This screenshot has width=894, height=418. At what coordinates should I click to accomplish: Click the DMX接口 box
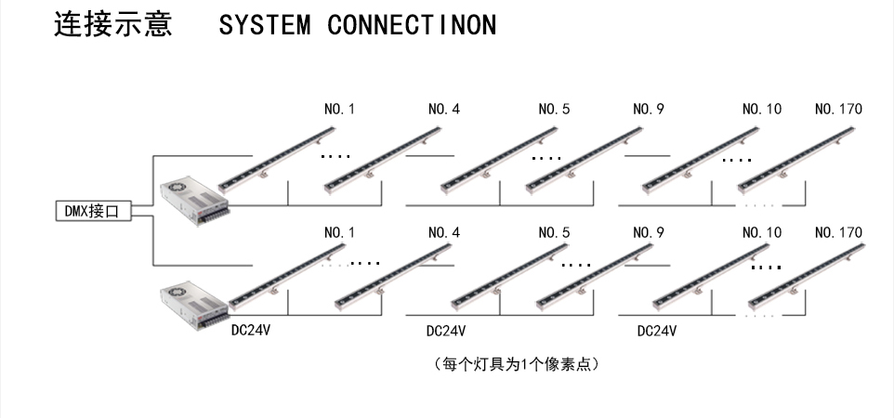coord(92,211)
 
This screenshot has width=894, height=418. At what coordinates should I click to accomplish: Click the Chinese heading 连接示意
coord(113,23)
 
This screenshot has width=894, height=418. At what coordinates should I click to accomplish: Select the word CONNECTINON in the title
coord(412,25)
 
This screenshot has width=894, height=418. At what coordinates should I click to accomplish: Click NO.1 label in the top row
coord(339,109)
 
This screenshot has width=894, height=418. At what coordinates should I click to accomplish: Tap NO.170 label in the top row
coord(837,109)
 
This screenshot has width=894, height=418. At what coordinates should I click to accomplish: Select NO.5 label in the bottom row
coord(554,232)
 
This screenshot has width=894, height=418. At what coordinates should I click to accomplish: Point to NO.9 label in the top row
coord(649,109)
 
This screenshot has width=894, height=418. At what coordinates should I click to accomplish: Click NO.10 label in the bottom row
coord(762,232)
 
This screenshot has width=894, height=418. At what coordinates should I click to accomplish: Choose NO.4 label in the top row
coord(444,109)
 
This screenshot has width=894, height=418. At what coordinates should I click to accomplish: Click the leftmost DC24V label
coord(251,330)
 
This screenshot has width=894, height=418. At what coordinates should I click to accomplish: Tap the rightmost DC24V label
coord(657,330)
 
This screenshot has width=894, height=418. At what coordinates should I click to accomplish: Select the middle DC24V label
coord(446,330)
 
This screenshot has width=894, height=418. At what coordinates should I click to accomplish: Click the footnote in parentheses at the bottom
coord(522,363)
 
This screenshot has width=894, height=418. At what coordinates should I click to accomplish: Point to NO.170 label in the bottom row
coord(837,232)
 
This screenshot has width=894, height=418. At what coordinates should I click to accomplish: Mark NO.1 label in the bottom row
coord(339,232)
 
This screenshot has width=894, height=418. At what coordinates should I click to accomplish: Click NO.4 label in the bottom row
coord(444,232)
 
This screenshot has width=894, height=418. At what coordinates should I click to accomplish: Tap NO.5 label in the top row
coord(554,109)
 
